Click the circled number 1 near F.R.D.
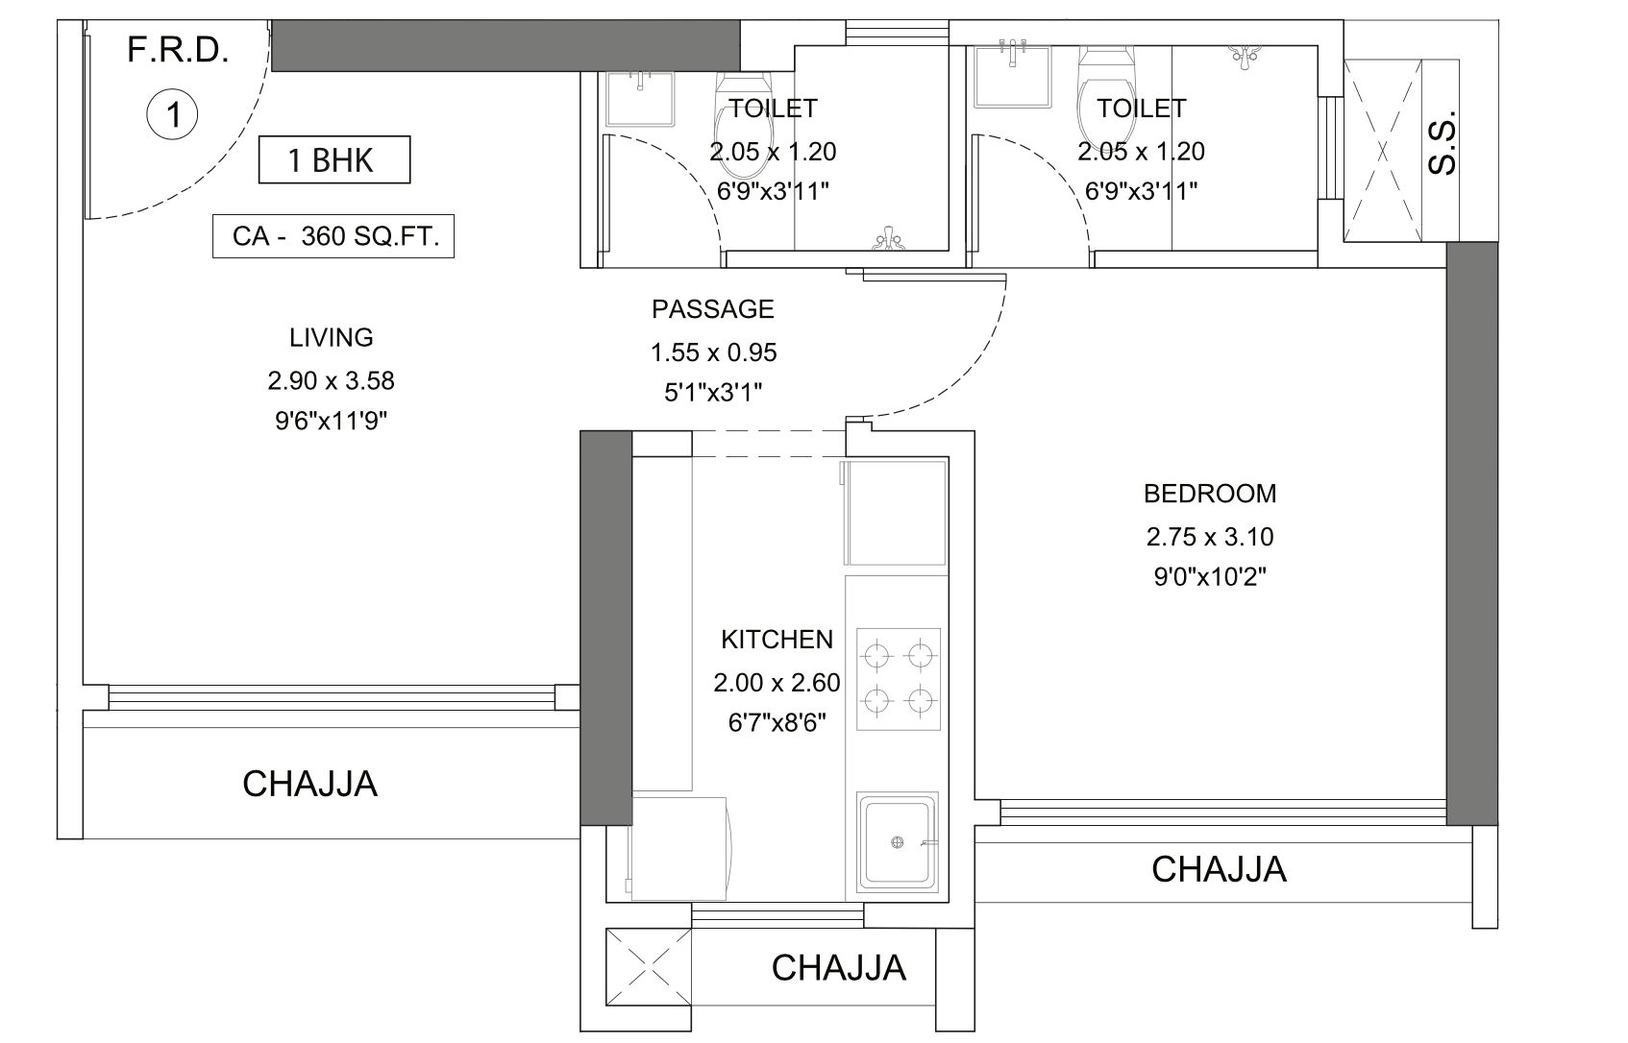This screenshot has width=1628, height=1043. point(172,114)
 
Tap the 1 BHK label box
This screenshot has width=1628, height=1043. point(334,159)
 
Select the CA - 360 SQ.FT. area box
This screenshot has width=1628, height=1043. point(333,236)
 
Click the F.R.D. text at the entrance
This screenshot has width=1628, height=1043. point(178,50)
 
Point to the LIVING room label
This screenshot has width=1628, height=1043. point(332,338)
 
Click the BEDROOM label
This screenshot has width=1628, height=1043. point(1210,494)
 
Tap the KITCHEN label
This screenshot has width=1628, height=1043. point(777,640)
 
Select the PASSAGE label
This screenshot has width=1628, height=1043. point(713,309)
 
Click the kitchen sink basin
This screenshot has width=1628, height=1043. point(898,841)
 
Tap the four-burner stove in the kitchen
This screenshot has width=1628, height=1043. point(899,679)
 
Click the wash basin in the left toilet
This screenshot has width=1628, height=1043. point(640,99)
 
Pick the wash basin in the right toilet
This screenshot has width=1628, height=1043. point(1012,76)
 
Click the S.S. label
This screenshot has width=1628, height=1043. point(1443,143)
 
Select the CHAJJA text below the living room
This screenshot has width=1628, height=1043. point(310,785)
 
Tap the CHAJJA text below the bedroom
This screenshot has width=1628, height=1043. point(1219,869)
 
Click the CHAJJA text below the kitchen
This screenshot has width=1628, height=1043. point(839,968)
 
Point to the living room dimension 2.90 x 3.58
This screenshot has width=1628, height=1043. point(332,380)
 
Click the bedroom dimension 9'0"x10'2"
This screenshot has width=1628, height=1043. point(1210,577)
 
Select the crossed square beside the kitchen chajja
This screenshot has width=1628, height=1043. point(649,967)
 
